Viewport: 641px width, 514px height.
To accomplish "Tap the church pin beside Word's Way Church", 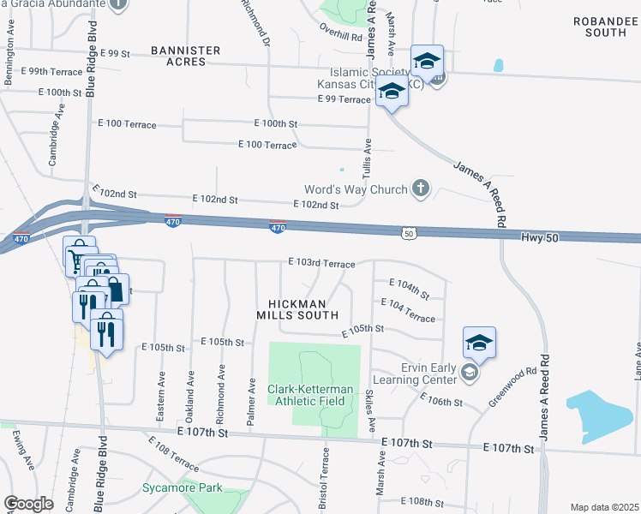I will pos(420,188).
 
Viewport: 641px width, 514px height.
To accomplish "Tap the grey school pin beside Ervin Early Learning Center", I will pos(469,372).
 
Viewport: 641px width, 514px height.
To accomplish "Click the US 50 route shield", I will pos(409,232).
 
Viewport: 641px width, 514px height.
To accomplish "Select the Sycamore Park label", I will pos(182,488).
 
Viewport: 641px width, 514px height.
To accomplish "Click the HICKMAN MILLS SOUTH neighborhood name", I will pos(291,309).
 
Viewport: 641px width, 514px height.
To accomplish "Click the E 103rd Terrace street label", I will pos(321,263).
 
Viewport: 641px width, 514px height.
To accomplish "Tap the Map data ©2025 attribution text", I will pos(604,507).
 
